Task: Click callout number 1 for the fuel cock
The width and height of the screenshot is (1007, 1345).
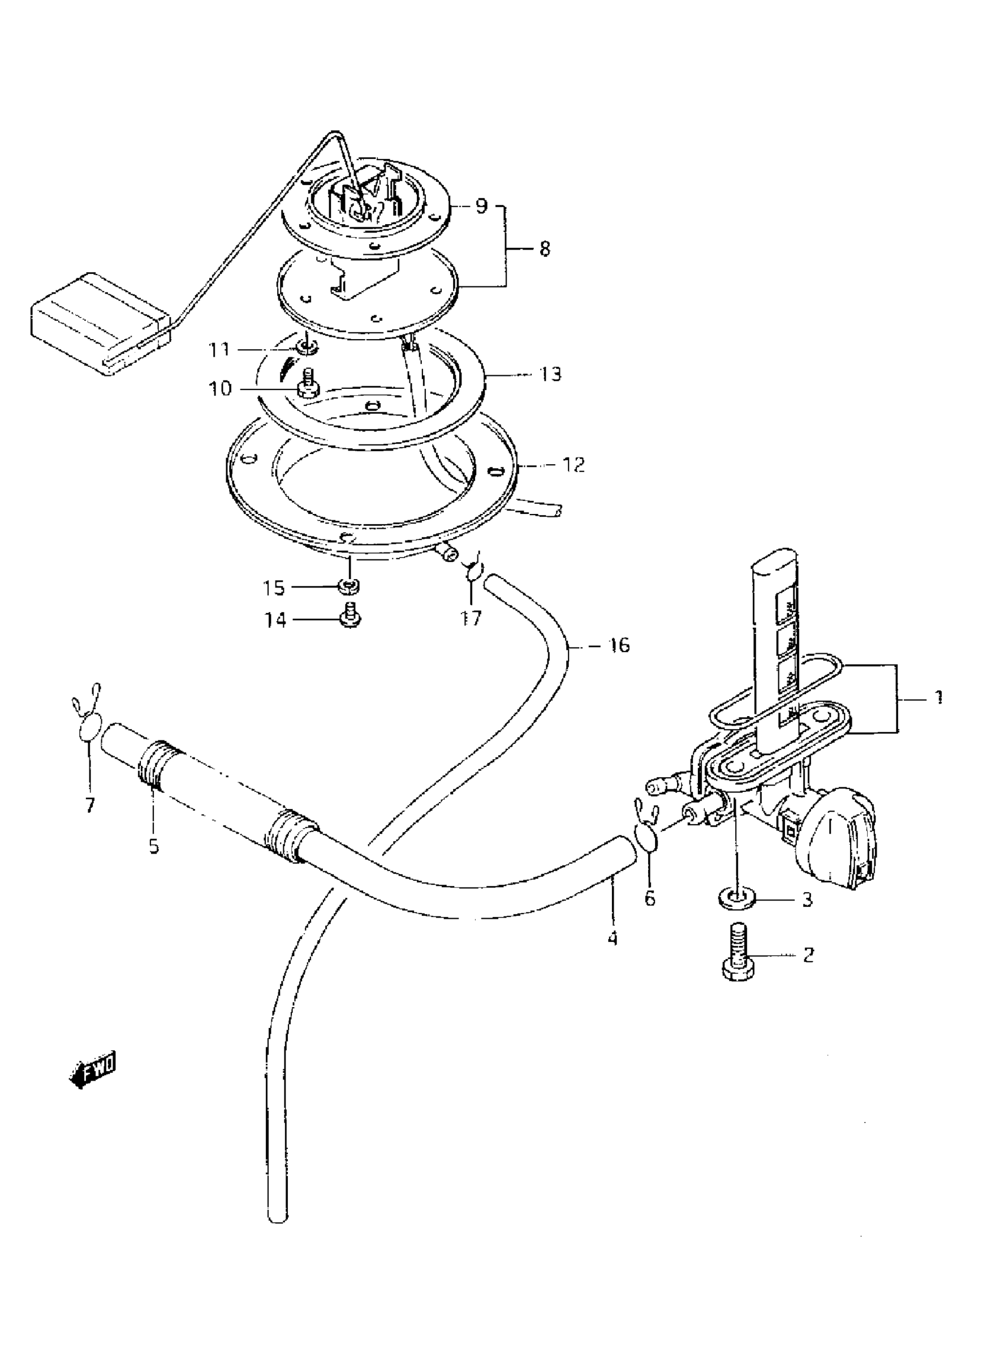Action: tap(938, 697)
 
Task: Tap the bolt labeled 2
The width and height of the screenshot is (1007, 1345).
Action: tap(739, 960)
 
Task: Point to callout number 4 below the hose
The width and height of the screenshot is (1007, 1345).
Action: tap(612, 938)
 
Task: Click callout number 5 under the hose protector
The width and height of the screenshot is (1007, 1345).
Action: tap(154, 845)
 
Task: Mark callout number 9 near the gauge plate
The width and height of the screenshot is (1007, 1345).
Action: tap(482, 206)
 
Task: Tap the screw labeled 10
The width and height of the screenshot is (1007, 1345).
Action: tap(309, 386)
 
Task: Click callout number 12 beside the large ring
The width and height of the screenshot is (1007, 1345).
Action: tap(573, 465)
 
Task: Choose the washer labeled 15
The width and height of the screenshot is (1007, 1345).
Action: tap(349, 586)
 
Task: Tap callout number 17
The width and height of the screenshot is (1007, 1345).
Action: tap(471, 618)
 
